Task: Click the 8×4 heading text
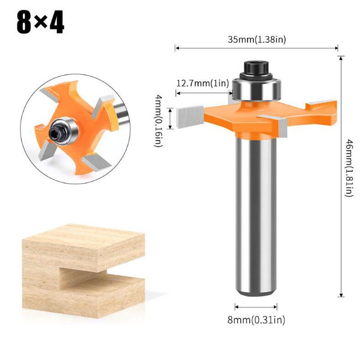(40, 22)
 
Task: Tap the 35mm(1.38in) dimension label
(256, 40)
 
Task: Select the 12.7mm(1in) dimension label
(202, 83)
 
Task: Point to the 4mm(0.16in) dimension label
(158, 121)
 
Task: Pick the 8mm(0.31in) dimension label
(256, 319)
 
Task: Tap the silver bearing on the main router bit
(256, 90)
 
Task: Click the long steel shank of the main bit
(256, 216)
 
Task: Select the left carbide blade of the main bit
(189, 117)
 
